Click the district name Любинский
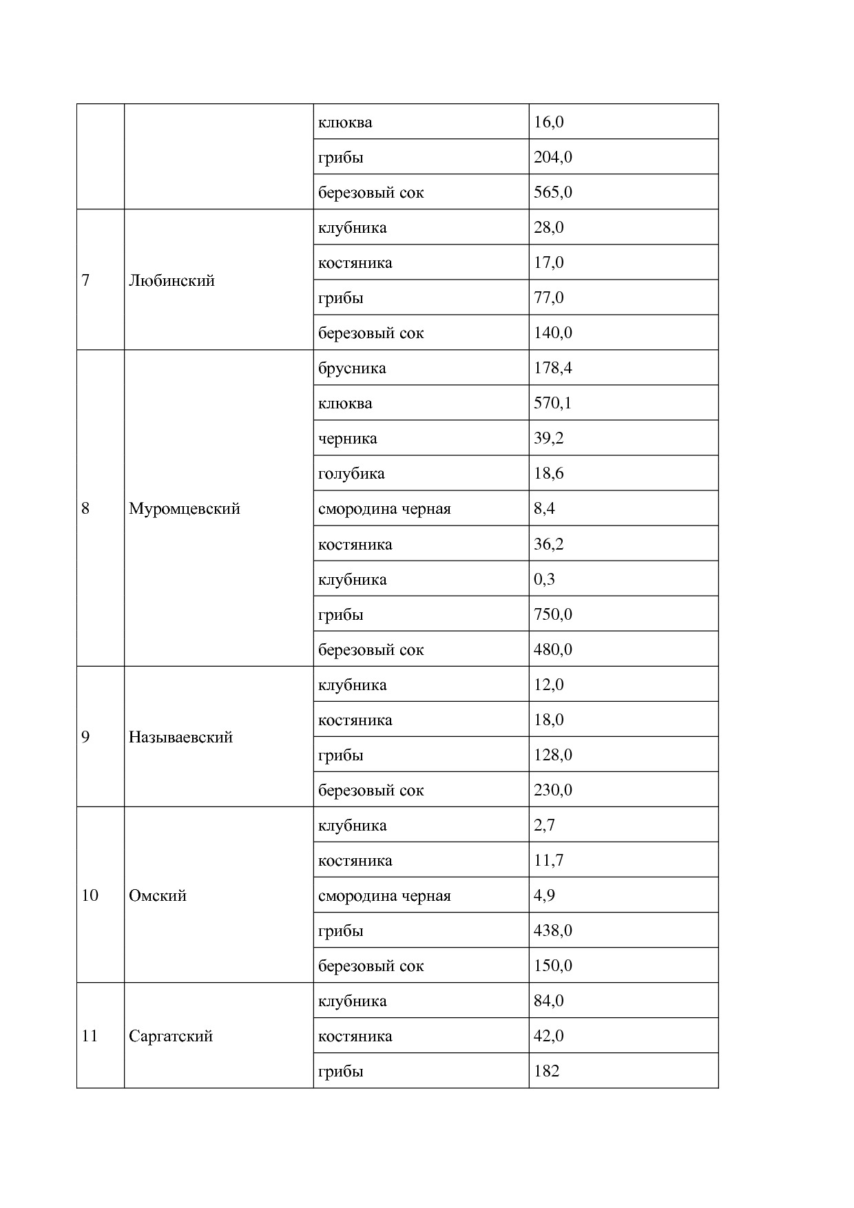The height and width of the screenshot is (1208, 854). [x=171, y=280]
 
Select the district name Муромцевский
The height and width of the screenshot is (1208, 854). [x=184, y=509]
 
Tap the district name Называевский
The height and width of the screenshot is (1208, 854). [x=180, y=737]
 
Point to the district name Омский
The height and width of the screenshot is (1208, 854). [x=157, y=895]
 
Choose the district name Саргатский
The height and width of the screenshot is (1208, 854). [x=170, y=1036]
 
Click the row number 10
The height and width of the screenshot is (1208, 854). [x=90, y=895]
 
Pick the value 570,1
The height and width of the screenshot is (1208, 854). [x=552, y=403]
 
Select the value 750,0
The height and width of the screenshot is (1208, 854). [x=552, y=614]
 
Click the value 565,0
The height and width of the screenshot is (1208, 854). [x=552, y=192]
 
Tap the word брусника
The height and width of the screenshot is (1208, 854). [x=352, y=368]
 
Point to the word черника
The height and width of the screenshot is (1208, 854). [x=347, y=439]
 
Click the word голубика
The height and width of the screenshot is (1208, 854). [x=351, y=474]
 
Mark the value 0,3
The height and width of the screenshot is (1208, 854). [x=544, y=579]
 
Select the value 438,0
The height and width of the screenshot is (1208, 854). [x=552, y=930]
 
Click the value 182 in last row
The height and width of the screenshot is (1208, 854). [x=546, y=1071]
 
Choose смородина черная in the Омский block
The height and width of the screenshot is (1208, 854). [x=384, y=896]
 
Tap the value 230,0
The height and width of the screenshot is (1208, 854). [x=552, y=790]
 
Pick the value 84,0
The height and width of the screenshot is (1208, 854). [x=548, y=1001]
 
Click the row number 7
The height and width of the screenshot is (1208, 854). [x=85, y=280]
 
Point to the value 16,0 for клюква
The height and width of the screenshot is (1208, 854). [x=548, y=122]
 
